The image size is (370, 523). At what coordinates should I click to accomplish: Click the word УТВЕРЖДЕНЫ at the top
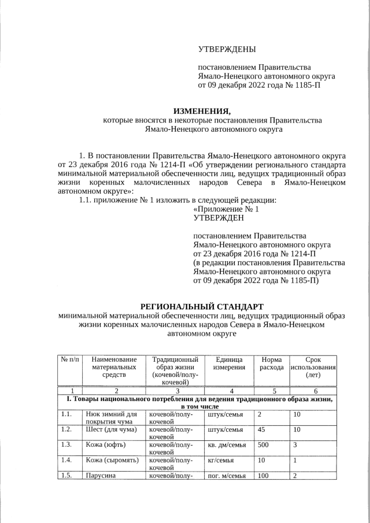point(227,50)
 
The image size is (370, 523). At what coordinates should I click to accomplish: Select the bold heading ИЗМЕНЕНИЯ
point(202,110)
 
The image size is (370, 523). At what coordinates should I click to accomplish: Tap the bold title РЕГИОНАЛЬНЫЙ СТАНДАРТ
point(202,306)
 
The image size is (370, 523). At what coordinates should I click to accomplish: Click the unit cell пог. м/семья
point(227,476)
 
